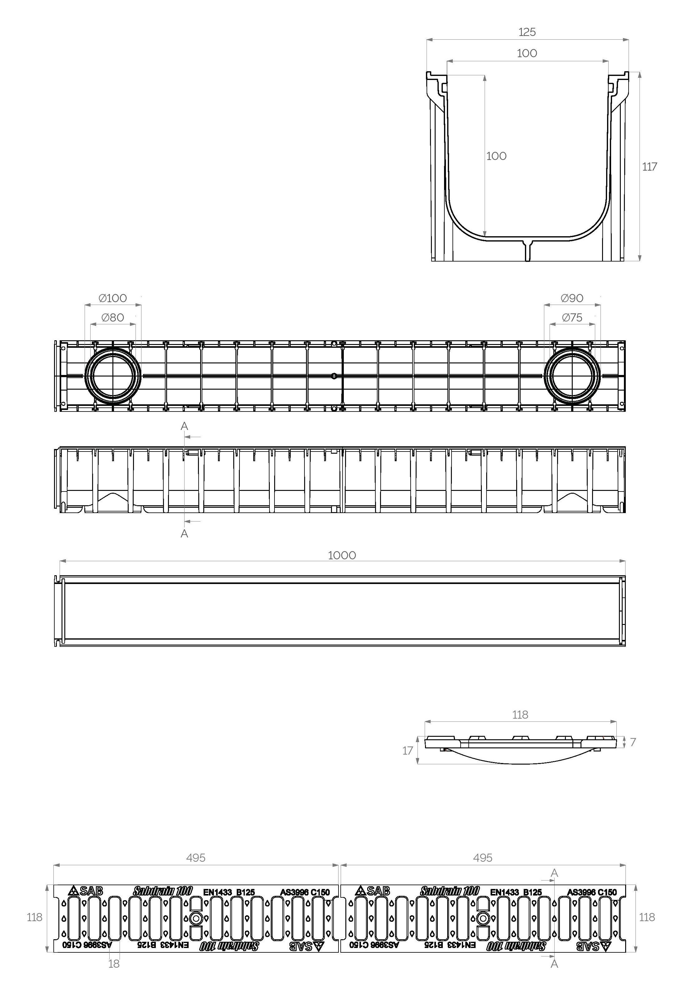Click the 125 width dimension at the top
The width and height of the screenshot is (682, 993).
tap(527, 32)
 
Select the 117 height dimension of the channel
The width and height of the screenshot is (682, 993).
tap(649, 167)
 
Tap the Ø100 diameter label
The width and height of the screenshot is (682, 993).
tap(113, 298)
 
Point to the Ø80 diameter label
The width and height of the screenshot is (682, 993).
tap(113, 317)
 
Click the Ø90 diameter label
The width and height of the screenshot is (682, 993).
tap(572, 298)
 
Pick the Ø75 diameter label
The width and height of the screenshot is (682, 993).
tap(572, 317)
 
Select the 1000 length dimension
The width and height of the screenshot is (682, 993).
tap(342, 555)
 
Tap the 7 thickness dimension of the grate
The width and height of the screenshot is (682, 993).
tap(633, 742)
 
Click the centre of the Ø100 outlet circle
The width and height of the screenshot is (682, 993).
tap(113, 376)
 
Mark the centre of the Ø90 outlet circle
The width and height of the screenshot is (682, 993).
tap(572, 376)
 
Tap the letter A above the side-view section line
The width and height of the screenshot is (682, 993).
tap(184, 426)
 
